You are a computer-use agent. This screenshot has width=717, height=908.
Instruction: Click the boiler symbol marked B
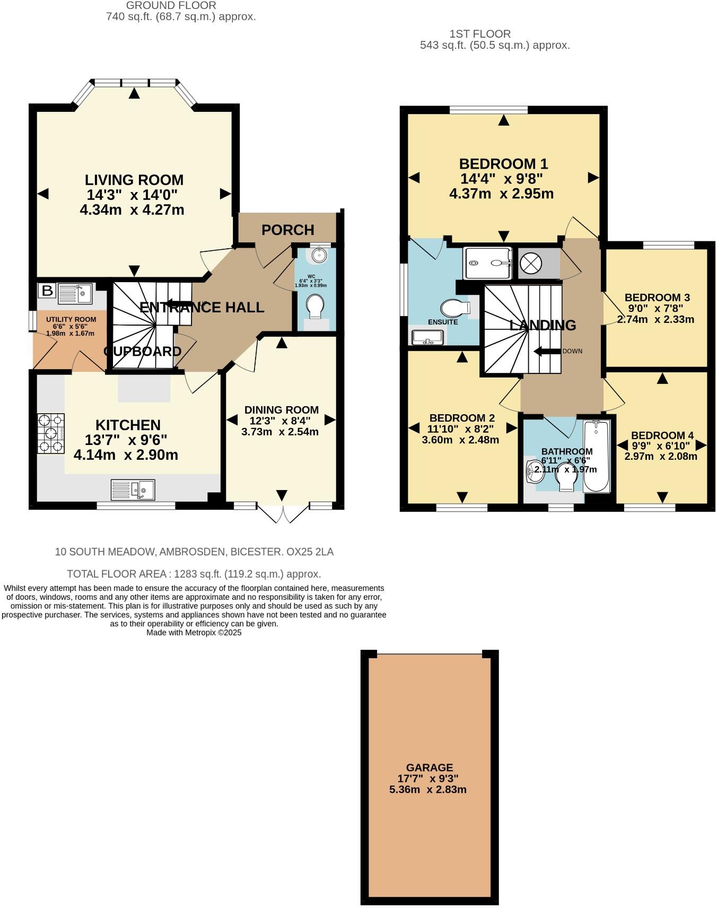[x=47, y=290]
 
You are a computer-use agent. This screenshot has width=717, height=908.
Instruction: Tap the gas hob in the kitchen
[x=51, y=433]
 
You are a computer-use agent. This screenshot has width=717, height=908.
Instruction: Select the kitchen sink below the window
[x=133, y=490]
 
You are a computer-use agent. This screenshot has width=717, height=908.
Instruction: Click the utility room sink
[x=75, y=293]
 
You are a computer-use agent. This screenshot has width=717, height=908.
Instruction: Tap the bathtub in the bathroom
[x=597, y=456]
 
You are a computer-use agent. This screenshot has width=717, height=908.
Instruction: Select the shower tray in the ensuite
[x=487, y=263]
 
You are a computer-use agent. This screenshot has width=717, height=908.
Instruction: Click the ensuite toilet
[x=456, y=307]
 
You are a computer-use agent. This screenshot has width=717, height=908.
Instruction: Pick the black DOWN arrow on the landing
[x=546, y=351]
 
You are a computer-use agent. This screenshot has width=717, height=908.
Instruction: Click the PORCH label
[x=288, y=230]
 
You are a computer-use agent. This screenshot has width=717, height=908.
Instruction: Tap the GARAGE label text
[x=430, y=767]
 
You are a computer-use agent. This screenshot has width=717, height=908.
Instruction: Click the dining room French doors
[x=283, y=514]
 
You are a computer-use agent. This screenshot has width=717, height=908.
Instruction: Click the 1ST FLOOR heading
[x=480, y=34]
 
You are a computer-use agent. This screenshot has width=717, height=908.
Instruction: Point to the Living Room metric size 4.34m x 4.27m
[x=132, y=210]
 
